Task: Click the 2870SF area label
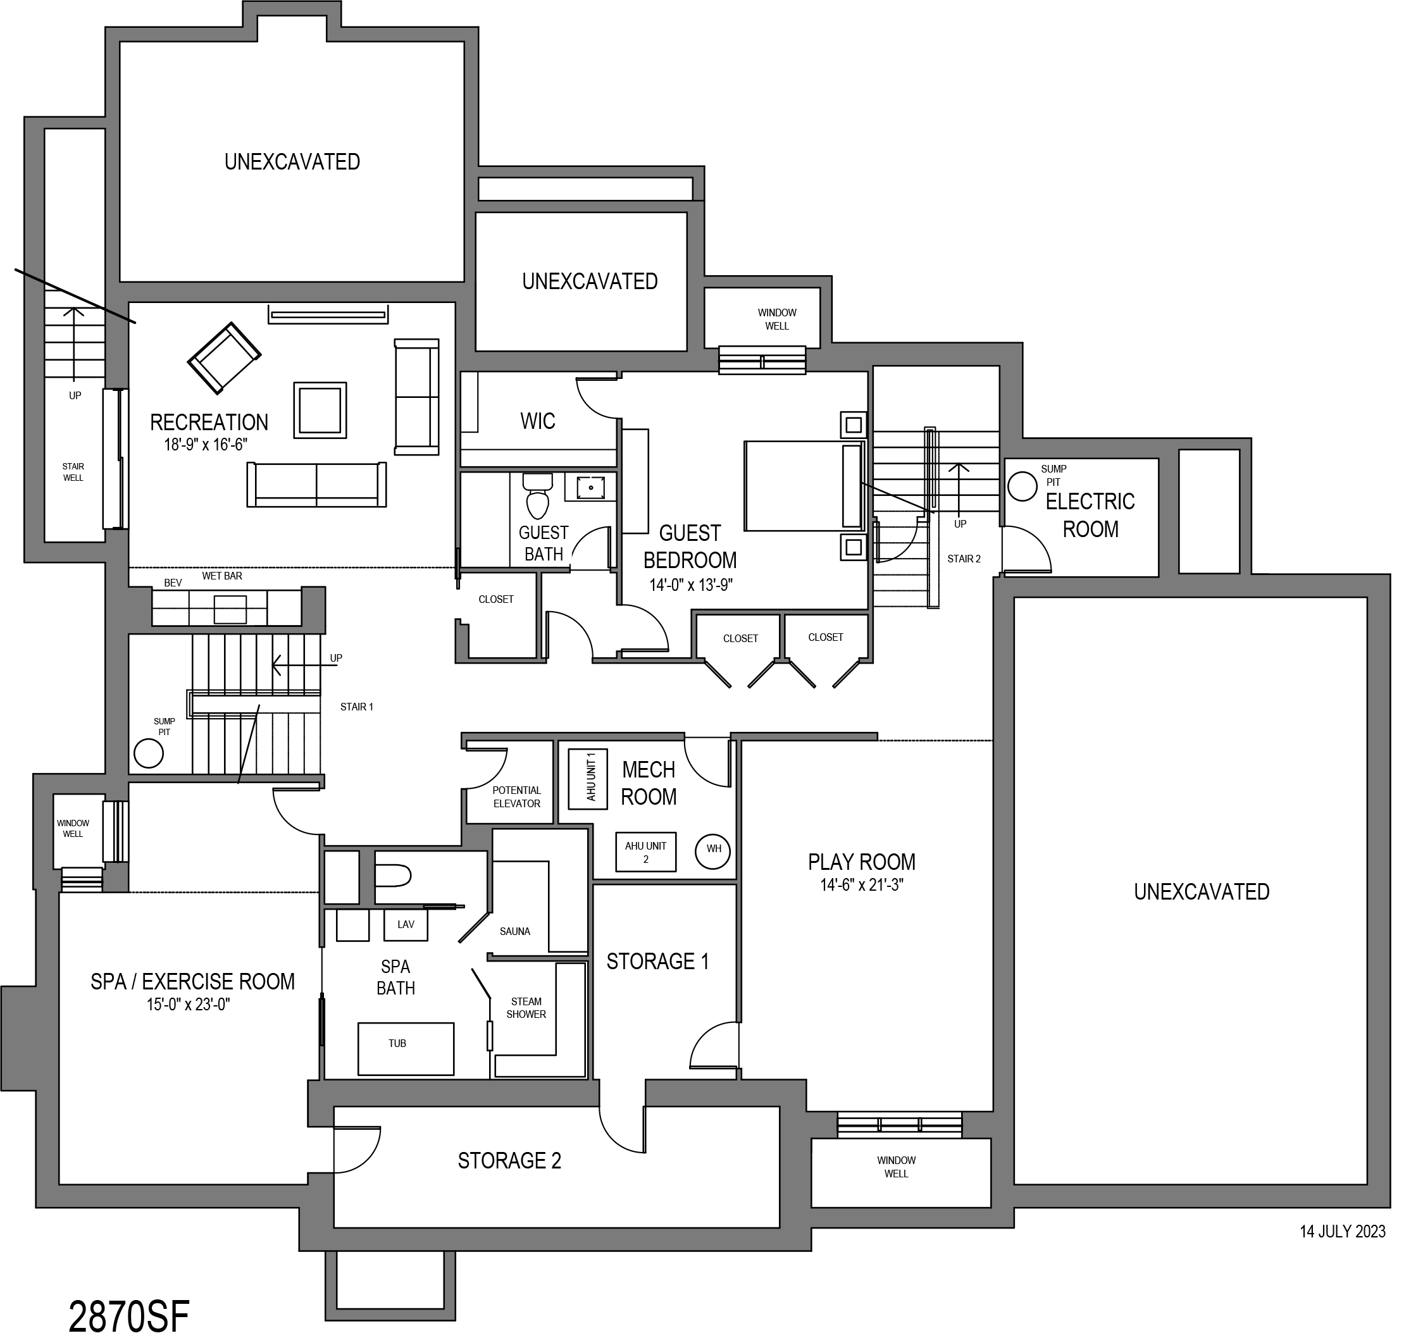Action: [129, 1315]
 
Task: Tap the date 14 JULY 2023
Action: [1343, 1231]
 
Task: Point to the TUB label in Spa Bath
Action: [397, 1043]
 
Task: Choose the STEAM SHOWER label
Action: [526, 1007]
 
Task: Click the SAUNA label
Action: [514, 931]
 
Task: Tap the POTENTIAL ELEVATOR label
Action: [516, 796]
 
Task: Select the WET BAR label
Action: [222, 576]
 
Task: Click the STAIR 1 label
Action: [356, 707]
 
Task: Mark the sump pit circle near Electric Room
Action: [1023, 486]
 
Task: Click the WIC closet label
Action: [537, 421]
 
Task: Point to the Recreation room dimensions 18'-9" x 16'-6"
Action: [206, 444]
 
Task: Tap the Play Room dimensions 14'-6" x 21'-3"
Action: [862, 885]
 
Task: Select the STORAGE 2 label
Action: [509, 1160]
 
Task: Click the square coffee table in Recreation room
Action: [320, 411]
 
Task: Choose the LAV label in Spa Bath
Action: [405, 924]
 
